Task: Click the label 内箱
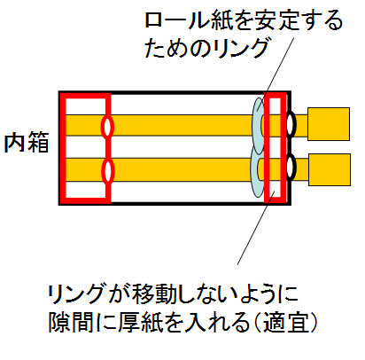click(27, 143)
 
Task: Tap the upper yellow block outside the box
click(329, 124)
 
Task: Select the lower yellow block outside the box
click(330, 169)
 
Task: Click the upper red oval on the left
click(107, 127)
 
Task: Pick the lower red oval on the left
click(107, 171)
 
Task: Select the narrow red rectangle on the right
click(265, 148)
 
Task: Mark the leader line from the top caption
click(276, 74)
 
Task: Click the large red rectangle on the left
click(63, 148)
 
